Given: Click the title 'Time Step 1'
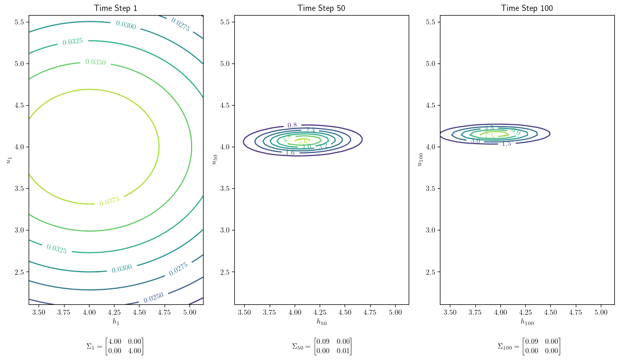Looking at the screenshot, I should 116,8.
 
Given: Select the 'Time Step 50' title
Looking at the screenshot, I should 321,8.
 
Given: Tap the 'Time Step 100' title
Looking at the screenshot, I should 527,8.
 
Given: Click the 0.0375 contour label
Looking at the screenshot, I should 109,201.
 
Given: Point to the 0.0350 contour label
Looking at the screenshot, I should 95,62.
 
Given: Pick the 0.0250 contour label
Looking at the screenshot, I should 154,298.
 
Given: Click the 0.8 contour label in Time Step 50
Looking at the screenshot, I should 292,125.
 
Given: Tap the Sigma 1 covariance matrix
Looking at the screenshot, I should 115,346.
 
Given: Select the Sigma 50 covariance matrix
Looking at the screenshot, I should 321,346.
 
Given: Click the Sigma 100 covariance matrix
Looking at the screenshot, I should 529,346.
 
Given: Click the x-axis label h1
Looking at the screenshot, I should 116,322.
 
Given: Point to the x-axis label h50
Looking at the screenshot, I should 321,322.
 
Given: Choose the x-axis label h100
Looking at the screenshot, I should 527,322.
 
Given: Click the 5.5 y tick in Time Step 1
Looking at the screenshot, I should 19,22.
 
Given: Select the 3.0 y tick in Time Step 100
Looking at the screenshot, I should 430,230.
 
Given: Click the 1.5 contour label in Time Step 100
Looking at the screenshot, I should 506,144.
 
